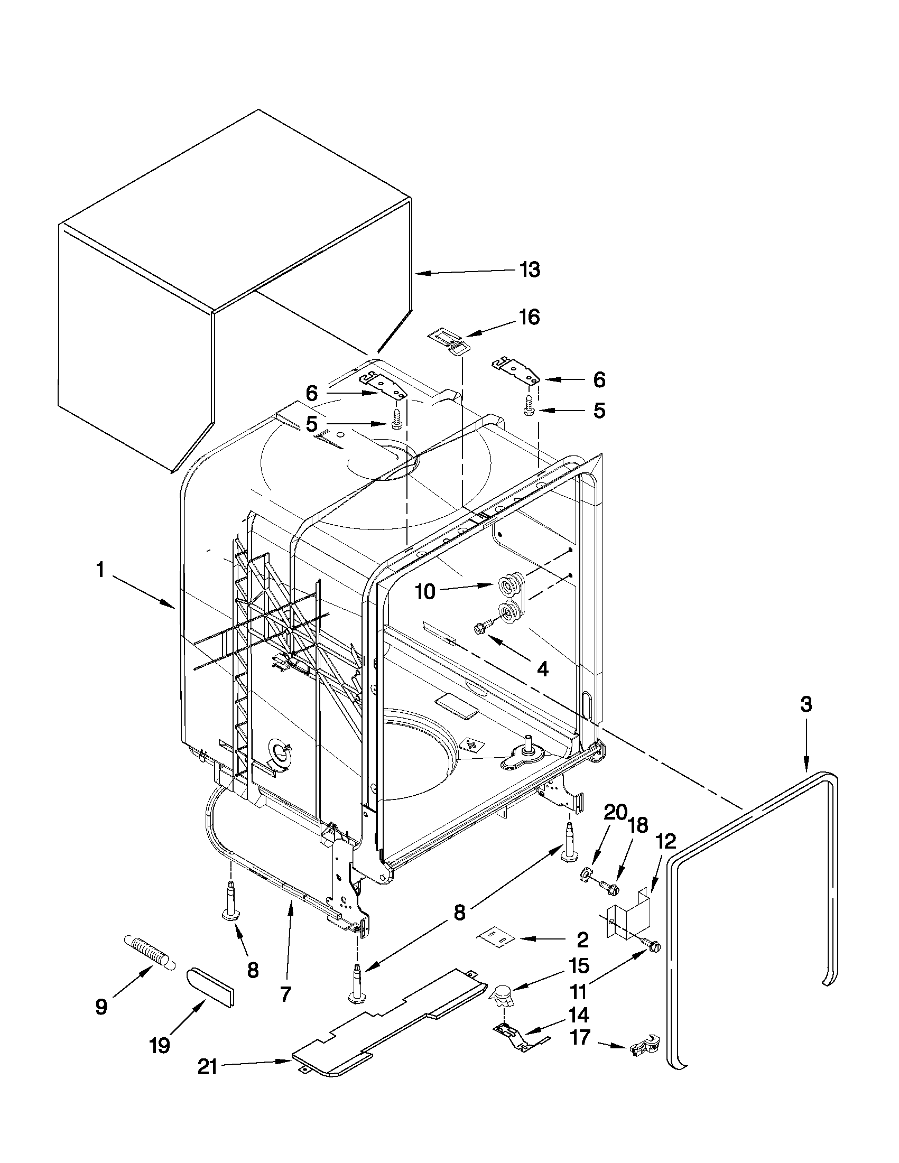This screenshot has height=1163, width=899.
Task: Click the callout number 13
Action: click(x=530, y=270)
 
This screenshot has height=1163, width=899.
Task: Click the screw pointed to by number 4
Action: click(x=481, y=629)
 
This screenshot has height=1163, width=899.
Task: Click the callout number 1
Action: click(x=99, y=570)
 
